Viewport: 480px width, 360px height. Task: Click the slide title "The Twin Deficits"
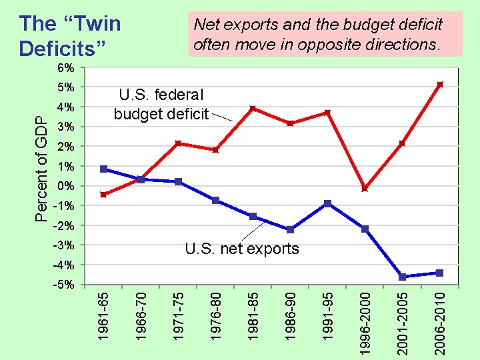coord(70,36)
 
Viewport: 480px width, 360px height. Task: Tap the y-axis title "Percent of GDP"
coord(41,166)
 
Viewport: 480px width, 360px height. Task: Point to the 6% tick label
coord(65,68)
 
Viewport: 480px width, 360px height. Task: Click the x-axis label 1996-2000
coord(365,321)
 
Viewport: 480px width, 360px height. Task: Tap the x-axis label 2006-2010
coord(439,321)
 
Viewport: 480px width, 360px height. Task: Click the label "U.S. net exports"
coord(241,249)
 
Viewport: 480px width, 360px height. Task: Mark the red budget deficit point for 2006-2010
coord(439,85)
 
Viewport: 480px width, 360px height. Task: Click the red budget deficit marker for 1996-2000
coord(365,189)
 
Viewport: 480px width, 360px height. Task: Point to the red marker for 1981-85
coord(253,109)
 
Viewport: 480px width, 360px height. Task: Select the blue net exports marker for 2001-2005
coord(402,277)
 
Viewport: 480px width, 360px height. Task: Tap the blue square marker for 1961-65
coord(103,169)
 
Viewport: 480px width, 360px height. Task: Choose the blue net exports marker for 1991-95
coord(327,203)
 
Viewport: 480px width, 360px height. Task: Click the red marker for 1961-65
coord(103,195)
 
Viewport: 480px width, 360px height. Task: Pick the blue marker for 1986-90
coord(290,229)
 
